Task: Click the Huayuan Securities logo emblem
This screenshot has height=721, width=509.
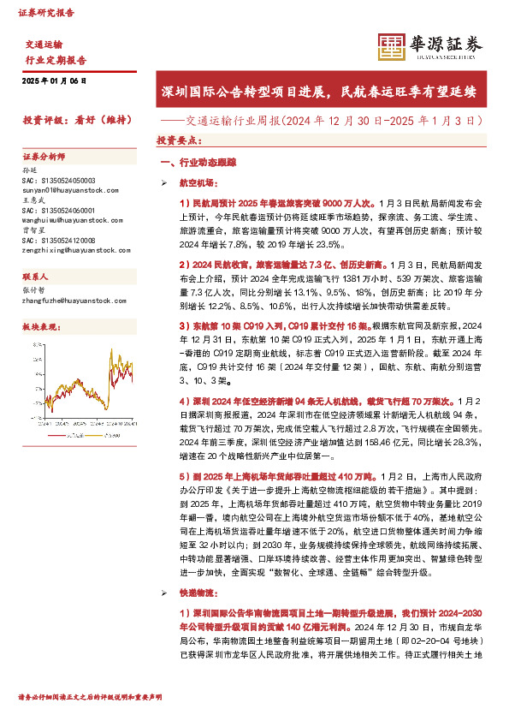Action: (392, 47)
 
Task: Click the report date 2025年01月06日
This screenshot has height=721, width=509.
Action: (55, 80)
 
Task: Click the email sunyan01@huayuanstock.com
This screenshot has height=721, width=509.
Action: (64, 189)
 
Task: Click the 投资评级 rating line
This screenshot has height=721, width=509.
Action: (76, 121)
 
